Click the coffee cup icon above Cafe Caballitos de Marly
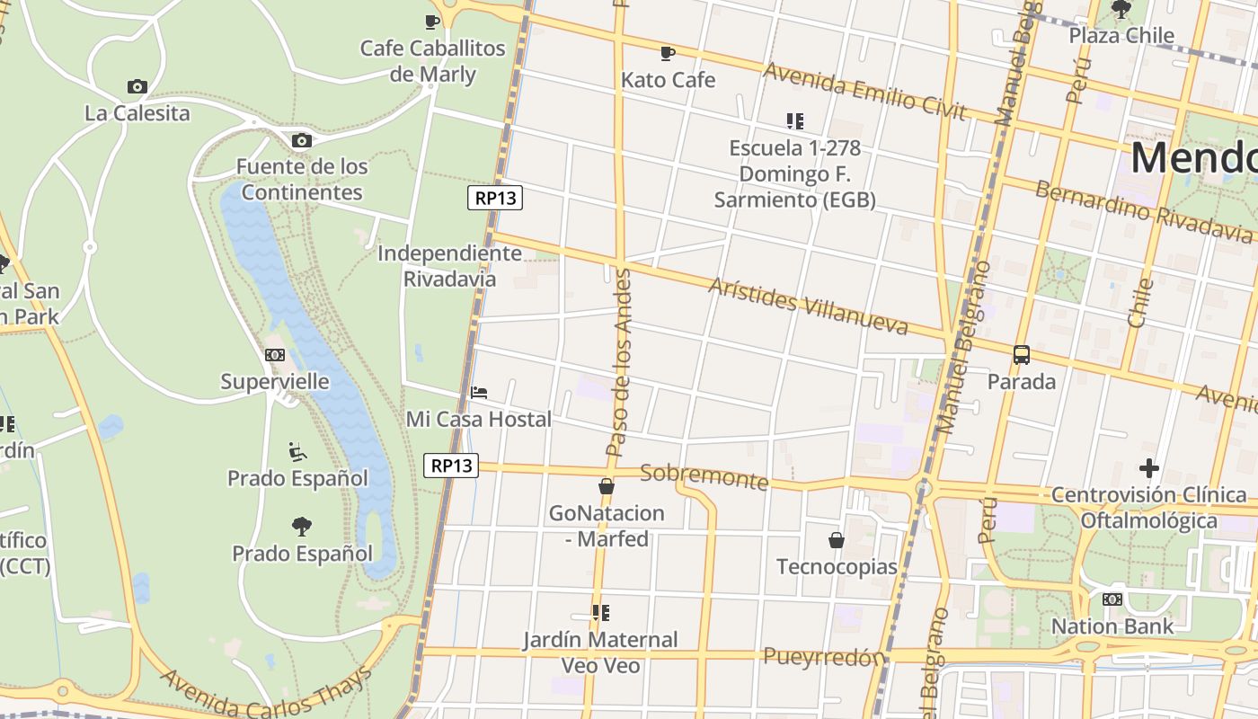[x=432, y=22]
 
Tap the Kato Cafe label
[x=668, y=80]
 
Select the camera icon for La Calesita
[x=137, y=86]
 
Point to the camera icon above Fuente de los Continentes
[x=302, y=140]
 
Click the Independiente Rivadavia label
[x=449, y=266]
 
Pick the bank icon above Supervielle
[x=275, y=355]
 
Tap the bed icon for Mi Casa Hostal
[x=479, y=393]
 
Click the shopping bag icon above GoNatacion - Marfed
[x=607, y=487]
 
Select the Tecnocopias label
[x=837, y=567]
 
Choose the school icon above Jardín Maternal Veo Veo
[x=600, y=613]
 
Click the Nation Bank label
[x=1112, y=626]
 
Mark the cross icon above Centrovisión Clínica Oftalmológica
[x=1148, y=468]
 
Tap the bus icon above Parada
[x=1022, y=355]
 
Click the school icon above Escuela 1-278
[x=794, y=120]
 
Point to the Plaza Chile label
[x=1121, y=36]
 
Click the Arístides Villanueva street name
[x=808, y=306]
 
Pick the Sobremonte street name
[x=704, y=476]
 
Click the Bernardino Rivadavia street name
[x=1143, y=212]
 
